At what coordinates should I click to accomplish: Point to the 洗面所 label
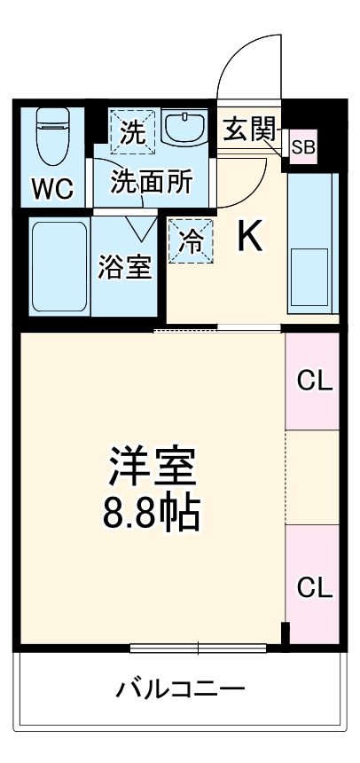(x=151, y=181)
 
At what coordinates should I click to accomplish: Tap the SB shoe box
(x=302, y=147)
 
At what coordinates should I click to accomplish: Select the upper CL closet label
(x=314, y=382)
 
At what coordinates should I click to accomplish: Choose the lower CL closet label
(x=314, y=586)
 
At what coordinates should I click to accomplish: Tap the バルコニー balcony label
(x=180, y=688)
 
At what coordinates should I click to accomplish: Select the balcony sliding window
(x=199, y=647)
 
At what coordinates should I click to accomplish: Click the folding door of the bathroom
(x=140, y=227)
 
